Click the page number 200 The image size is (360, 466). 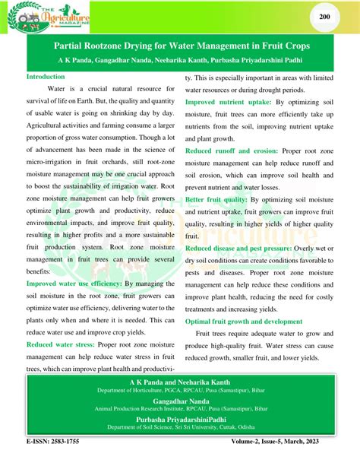(x=324, y=17)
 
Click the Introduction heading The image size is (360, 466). (x=46, y=77)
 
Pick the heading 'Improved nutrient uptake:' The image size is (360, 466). (x=229, y=101)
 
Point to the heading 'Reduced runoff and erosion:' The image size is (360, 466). (x=232, y=151)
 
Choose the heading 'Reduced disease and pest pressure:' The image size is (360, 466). (x=242, y=249)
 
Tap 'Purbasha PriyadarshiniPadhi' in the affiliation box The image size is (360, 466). (x=180, y=420)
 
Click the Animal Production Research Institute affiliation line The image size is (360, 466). (x=180, y=412)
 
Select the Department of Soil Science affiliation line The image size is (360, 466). (x=180, y=428)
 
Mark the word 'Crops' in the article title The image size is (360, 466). (x=302, y=46)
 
